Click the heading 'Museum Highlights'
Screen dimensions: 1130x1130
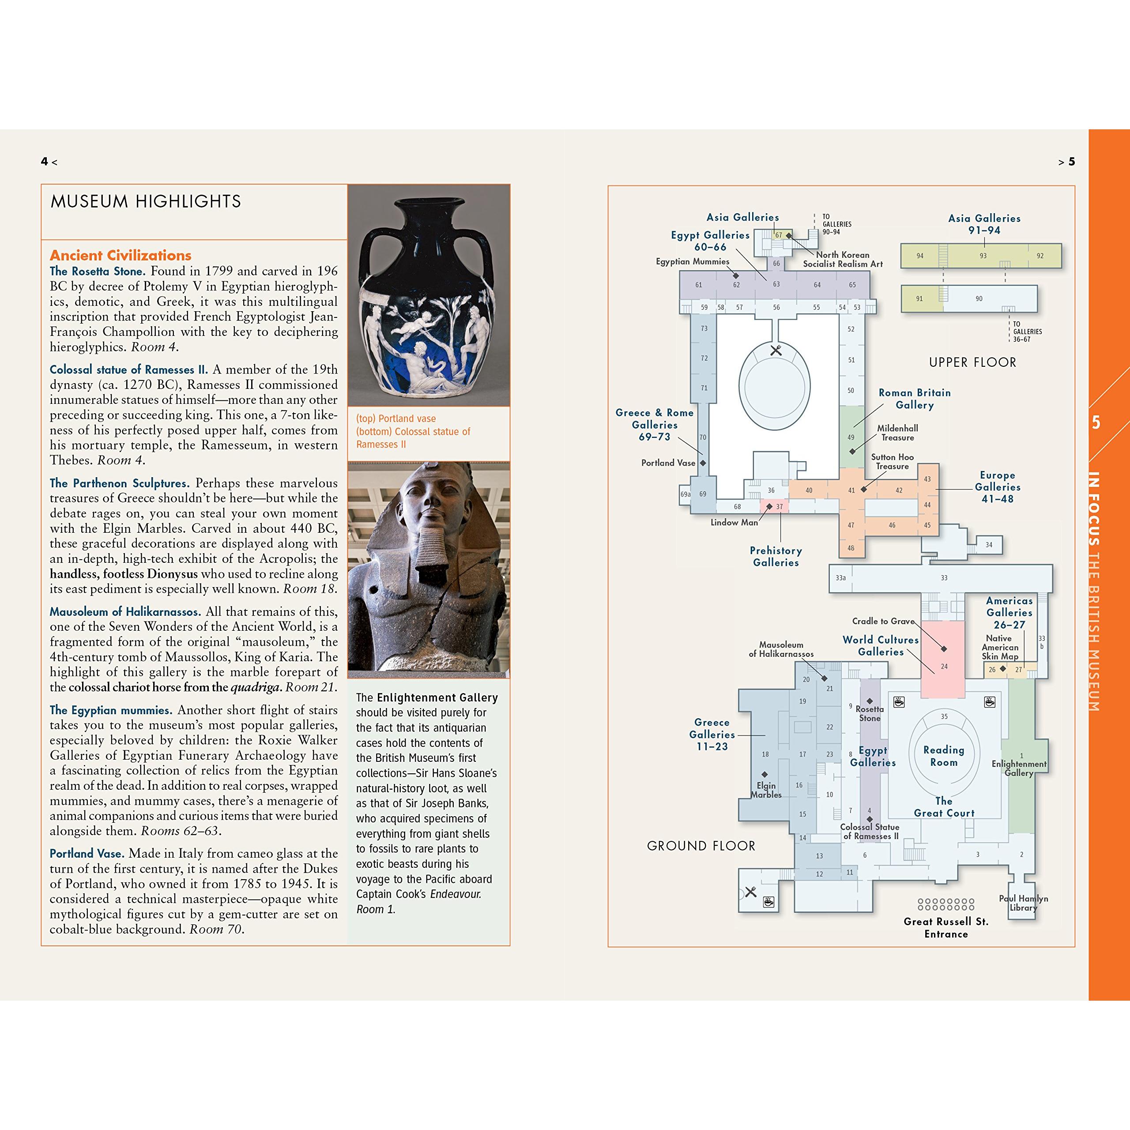pyautogui.click(x=146, y=202)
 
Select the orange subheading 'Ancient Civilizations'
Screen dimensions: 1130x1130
pyautogui.click(x=121, y=255)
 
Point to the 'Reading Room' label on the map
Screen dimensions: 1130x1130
pyautogui.click(x=943, y=756)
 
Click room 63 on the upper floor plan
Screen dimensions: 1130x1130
pyautogui.click(x=776, y=284)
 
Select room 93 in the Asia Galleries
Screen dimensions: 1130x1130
pyautogui.click(x=983, y=256)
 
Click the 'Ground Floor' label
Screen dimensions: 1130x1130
pyautogui.click(x=701, y=846)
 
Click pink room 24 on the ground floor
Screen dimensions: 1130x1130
pyautogui.click(x=943, y=660)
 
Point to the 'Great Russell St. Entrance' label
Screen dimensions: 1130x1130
pyautogui.click(x=946, y=928)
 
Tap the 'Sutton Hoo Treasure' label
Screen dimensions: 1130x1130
pyautogui.click(x=892, y=461)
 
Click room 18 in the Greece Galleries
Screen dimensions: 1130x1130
pyautogui.click(x=765, y=754)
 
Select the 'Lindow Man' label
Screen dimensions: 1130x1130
pyautogui.click(x=734, y=522)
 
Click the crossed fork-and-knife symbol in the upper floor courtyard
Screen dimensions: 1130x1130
pyautogui.click(x=776, y=350)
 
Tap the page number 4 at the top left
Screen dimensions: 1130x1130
pyautogui.click(x=44, y=162)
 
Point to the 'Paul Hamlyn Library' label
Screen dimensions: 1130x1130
pyautogui.click(x=1023, y=903)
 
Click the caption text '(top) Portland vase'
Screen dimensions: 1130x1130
pyautogui.click(x=396, y=419)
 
